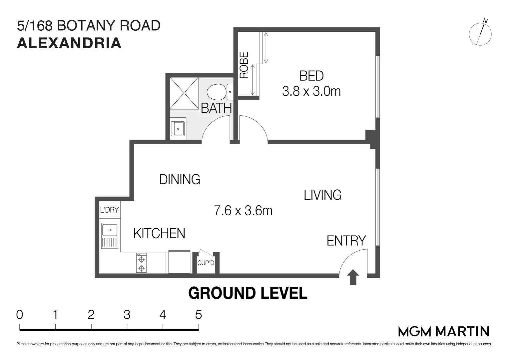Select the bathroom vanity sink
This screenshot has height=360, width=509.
click(178, 128)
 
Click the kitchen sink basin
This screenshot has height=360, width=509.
click(110, 230)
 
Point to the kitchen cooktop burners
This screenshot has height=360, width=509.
click(141, 263)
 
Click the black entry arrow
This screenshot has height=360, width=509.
click(353, 277)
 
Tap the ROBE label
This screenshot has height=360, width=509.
click(244, 65)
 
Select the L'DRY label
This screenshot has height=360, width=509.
click(109, 210)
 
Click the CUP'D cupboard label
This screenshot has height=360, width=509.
click(206, 263)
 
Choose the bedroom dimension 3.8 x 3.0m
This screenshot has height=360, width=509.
click(311, 91)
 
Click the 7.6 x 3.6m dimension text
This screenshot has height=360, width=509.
click(243, 211)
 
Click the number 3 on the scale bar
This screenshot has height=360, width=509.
click(127, 315)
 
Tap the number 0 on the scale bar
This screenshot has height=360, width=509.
click(20, 315)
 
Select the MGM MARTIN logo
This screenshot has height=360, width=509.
click(444, 331)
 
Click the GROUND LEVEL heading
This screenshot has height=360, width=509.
click(248, 293)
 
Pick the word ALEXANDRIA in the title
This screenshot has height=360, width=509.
click(69, 43)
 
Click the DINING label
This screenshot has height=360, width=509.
click(180, 179)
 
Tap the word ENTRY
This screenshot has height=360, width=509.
click(346, 241)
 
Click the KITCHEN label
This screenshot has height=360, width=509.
click(159, 233)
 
